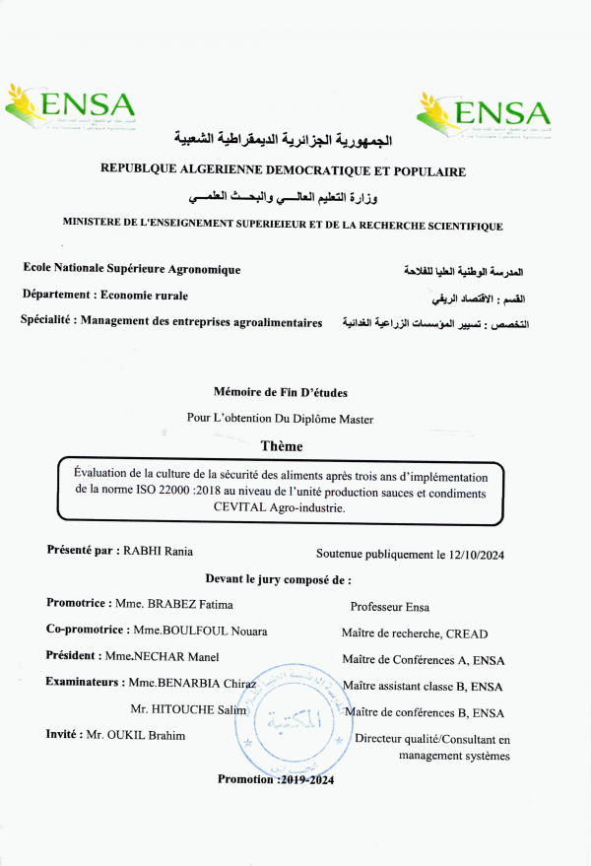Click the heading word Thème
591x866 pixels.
281,446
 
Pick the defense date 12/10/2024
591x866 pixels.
471,555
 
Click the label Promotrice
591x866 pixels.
78,603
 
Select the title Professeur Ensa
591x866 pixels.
389,607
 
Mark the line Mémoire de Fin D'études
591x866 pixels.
280,392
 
